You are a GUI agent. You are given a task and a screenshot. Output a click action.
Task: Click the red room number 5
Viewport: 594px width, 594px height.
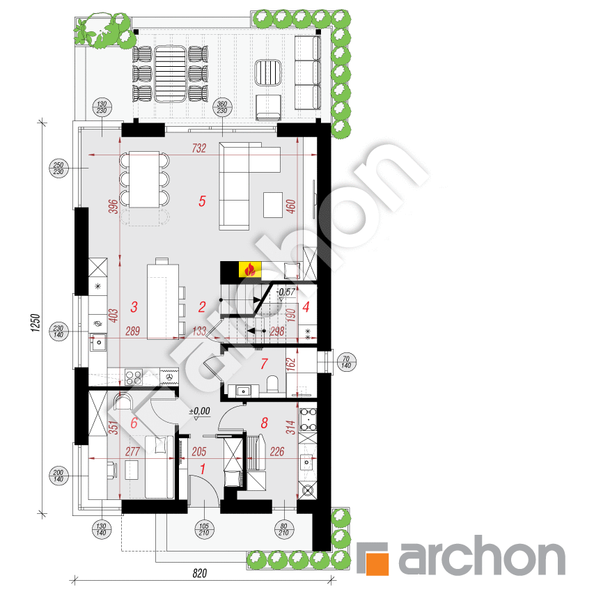pyautogui.click(x=202, y=201)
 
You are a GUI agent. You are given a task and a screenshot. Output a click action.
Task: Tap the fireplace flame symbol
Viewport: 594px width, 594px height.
pyautogui.click(x=249, y=269)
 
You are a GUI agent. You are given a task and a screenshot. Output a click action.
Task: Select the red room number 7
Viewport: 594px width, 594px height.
pyautogui.click(x=263, y=364)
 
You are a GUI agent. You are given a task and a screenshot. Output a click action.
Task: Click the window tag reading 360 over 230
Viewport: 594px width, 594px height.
pyautogui.click(x=222, y=107)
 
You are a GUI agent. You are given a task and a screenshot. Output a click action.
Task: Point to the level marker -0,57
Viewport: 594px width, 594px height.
pyautogui.click(x=285, y=292)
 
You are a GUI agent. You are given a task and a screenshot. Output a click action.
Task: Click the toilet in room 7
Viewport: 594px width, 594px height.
pyautogui.click(x=273, y=385)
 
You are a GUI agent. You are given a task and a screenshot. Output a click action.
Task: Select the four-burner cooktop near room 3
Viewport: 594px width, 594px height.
pyautogui.click(x=133, y=377)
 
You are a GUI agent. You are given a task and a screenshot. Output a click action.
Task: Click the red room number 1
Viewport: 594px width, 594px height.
pyautogui.click(x=202, y=469)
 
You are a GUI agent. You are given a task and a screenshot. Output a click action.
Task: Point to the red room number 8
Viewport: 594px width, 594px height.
pyautogui.click(x=264, y=421)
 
